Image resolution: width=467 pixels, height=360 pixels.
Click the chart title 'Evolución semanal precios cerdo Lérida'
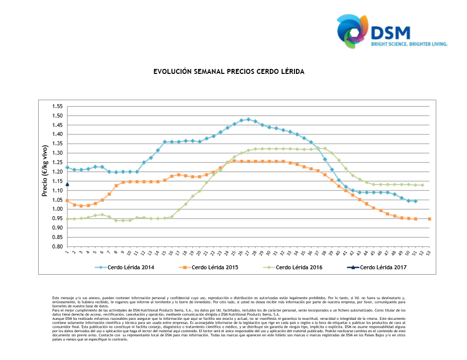(229, 72)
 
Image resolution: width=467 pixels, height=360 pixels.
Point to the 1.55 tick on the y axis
(57, 107)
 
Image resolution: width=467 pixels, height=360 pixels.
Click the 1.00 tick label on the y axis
(57, 209)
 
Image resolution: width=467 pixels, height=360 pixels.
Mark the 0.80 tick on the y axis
(57, 246)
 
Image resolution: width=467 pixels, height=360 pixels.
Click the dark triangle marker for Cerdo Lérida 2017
(67, 184)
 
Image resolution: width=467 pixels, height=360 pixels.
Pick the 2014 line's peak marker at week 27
(248, 119)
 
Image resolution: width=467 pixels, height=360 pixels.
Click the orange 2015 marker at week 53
(429, 219)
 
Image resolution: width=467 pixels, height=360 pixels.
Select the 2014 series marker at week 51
(415, 201)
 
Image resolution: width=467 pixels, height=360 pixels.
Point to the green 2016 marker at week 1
(67, 219)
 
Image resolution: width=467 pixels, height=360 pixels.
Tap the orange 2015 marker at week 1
(67, 200)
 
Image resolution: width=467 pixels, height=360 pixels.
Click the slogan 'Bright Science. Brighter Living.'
(409, 44)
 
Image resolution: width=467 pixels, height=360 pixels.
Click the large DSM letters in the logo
(392, 32)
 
